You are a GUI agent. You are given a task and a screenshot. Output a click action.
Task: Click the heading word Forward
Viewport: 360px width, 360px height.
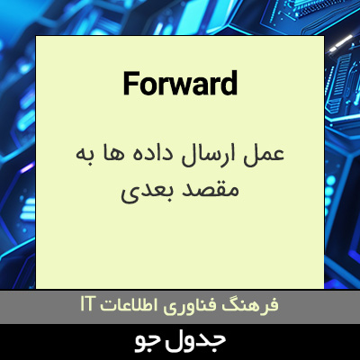(x=179, y=84)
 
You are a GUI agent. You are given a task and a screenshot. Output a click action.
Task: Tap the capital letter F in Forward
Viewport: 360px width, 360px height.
(x=130, y=84)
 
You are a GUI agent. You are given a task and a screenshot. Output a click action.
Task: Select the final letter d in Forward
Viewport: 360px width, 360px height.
(x=229, y=84)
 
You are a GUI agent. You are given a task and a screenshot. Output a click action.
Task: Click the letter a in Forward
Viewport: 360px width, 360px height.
(x=198, y=85)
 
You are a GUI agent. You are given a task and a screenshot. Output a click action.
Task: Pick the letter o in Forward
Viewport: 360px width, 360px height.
(x=146, y=85)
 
